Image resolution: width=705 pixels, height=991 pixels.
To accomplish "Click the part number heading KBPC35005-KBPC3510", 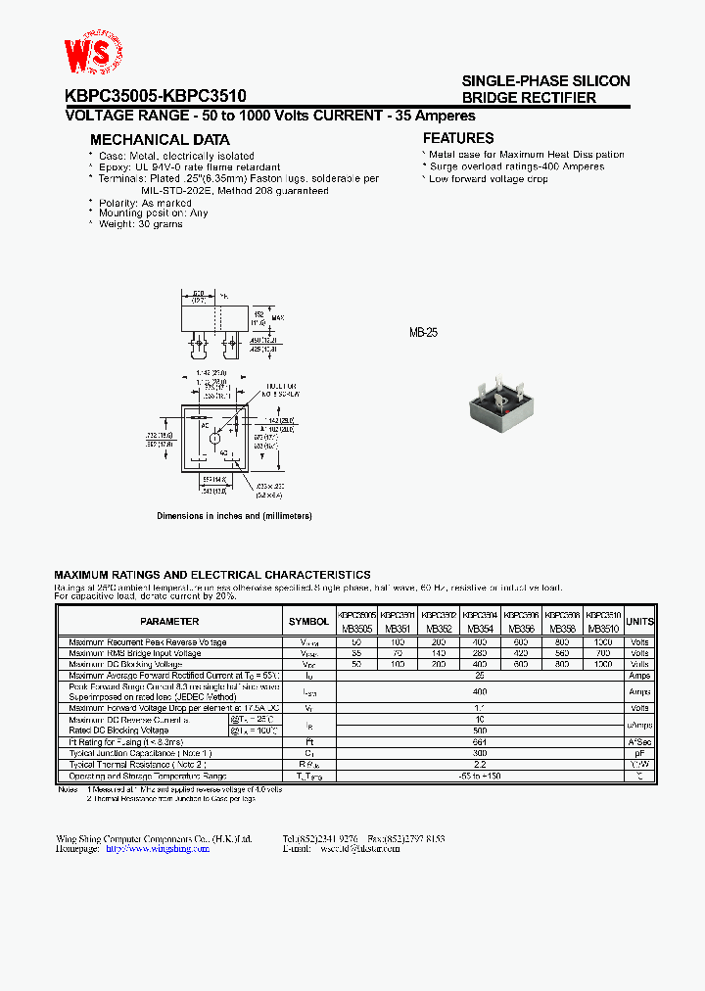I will tap(156, 96).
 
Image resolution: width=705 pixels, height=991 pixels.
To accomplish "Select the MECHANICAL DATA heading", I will tap(160, 140).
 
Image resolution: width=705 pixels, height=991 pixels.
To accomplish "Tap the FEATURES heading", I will tap(458, 139).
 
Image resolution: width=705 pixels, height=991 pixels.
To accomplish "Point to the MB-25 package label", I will tap(423, 333).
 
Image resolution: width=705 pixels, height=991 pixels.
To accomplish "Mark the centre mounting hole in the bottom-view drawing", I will tap(215, 438).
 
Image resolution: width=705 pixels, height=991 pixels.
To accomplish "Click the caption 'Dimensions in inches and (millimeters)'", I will tap(235, 516).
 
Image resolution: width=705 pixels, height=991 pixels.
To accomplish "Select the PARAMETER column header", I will tap(169, 621).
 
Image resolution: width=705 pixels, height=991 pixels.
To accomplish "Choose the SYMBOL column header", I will tap(309, 621).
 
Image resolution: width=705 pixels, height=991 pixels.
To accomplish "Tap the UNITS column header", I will tap(639, 621).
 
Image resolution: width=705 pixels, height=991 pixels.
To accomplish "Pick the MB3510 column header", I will tap(604, 630).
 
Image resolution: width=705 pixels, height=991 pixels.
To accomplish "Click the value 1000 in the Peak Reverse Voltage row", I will tap(604, 642).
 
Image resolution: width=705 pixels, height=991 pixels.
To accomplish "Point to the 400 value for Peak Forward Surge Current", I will tap(480, 691).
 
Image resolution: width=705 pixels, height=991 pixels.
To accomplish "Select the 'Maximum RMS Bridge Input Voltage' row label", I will tap(135, 653).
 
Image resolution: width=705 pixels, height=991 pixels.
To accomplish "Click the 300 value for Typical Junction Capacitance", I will tap(480, 754).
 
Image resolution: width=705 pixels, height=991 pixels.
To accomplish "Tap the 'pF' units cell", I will tap(639, 754).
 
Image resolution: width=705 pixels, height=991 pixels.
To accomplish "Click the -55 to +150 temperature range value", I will tap(480, 776).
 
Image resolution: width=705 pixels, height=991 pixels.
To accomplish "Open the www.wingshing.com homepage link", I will tap(158, 849).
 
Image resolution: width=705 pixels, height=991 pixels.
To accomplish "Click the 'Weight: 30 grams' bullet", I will tap(141, 224).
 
